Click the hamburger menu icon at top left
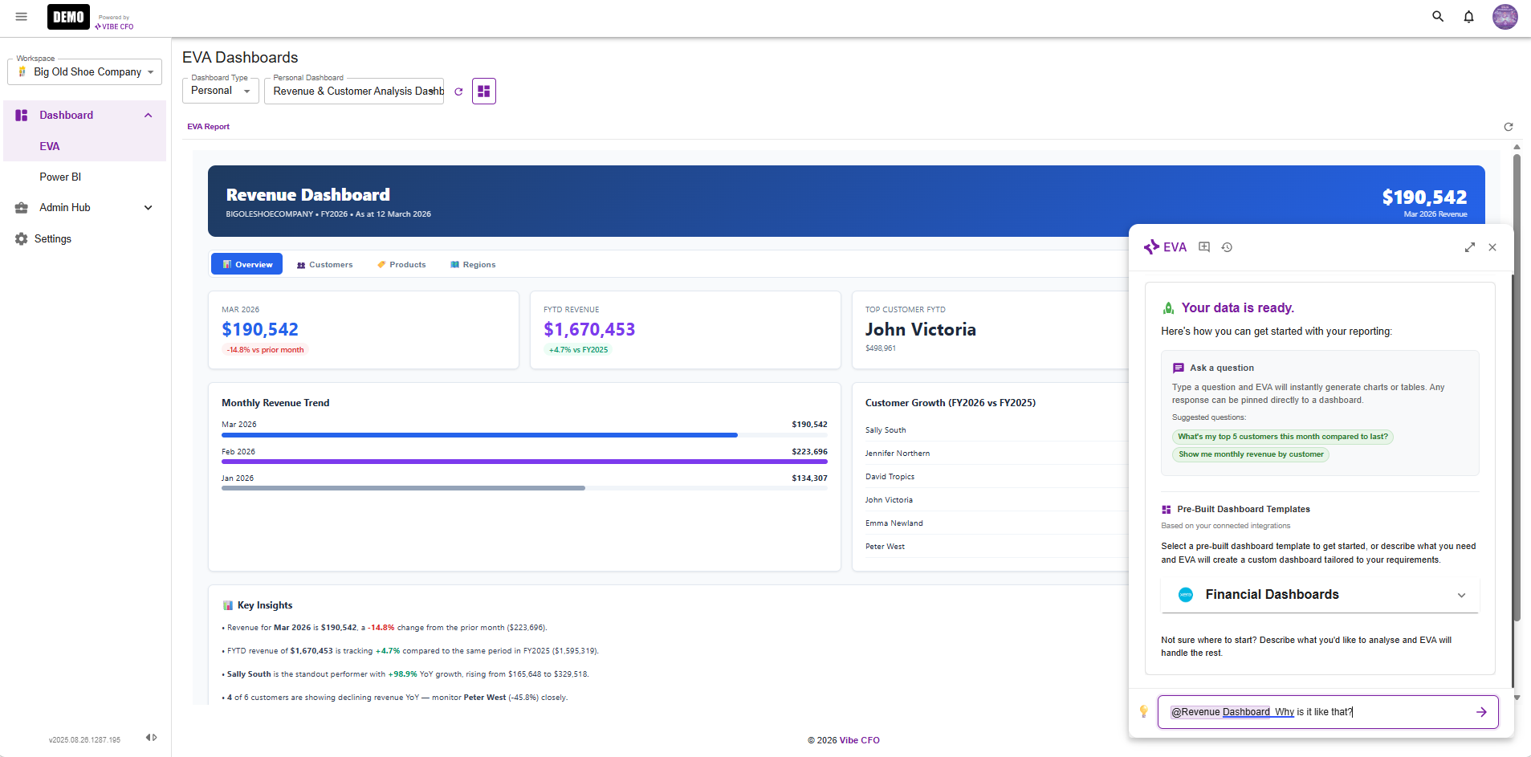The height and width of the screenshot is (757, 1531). coord(22,17)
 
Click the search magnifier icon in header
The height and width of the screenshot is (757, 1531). coord(1438,17)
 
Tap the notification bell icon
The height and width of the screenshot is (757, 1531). coord(1468,17)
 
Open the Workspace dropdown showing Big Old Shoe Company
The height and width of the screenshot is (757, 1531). coord(85,71)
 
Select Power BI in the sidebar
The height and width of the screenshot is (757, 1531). coord(60,177)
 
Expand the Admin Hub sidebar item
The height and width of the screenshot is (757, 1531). coord(148,207)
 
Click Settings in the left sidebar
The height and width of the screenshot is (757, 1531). coord(53,238)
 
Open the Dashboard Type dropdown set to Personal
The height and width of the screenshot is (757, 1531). coord(220,91)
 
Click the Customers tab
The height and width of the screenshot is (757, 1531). coord(324,264)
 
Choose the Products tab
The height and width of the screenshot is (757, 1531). coord(401,264)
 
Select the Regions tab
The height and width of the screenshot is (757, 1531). coord(473,264)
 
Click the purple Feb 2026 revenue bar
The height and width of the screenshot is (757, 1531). coord(523,462)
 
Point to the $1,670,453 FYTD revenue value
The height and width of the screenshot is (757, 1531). coord(588,329)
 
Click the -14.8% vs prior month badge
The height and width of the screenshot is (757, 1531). coord(265,350)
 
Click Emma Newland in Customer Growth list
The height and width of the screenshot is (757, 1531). coord(894,523)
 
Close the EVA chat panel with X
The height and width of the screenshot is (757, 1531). coord(1492,247)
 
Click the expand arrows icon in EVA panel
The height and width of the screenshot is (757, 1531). coord(1469,247)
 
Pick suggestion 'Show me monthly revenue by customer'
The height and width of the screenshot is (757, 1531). coord(1250,454)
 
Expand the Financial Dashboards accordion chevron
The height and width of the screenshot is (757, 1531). coord(1461,595)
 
